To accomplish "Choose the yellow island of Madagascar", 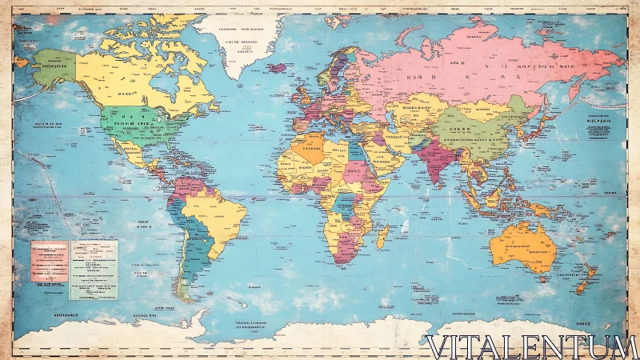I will click(382, 236).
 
